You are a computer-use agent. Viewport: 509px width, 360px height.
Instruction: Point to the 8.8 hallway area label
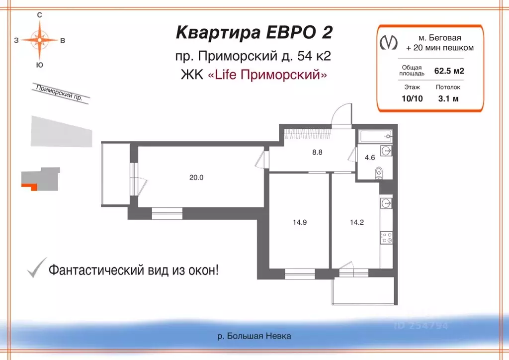pyautogui.click(x=317, y=153)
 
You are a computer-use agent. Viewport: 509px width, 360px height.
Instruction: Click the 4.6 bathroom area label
pyautogui.click(x=370, y=158)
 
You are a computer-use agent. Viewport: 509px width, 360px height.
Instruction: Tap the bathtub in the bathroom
pyautogui.click(x=374, y=136)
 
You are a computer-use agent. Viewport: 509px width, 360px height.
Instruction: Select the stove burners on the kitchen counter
pyautogui.click(x=386, y=238)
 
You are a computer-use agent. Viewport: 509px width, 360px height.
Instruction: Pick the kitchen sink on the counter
pyautogui.click(x=387, y=203)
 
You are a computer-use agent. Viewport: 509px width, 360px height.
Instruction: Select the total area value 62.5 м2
pyautogui.click(x=449, y=71)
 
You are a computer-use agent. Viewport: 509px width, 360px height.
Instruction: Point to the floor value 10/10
pyautogui.click(x=412, y=98)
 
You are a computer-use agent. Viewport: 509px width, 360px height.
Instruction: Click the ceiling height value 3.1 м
pyautogui.click(x=448, y=98)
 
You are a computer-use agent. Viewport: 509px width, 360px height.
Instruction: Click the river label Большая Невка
pyautogui.click(x=254, y=336)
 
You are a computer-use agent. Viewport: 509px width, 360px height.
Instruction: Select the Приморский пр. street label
pyautogui.click(x=59, y=92)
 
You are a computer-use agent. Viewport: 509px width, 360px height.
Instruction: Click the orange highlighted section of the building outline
pyautogui.click(x=29, y=186)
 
